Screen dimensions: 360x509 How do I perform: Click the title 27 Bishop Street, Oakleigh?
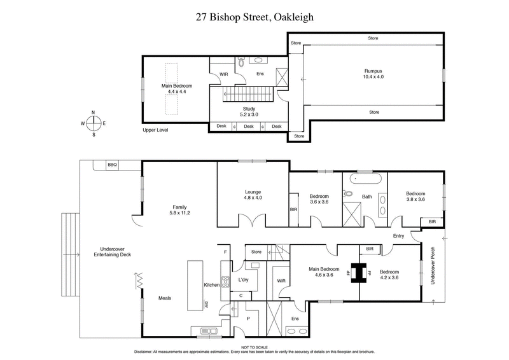click(254, 19)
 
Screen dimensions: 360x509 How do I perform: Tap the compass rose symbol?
click(94, 123)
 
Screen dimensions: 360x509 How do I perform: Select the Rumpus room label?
click(373, 73)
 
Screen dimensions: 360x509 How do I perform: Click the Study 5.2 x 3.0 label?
click(248, 111)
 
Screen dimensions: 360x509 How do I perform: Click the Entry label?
click(399, 236)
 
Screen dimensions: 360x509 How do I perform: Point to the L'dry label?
click(242, 279)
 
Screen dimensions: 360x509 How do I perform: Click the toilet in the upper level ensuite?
click(241, 63)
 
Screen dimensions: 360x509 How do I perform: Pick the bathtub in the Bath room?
click(361, 179)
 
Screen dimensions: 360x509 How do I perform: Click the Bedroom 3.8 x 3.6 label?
click(415, 195)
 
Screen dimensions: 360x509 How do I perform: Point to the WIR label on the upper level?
click(223, 74)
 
